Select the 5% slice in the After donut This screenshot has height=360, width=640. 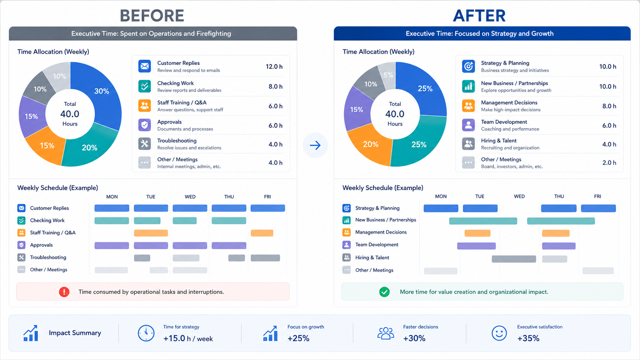click(388, 75)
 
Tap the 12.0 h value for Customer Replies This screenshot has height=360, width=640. click(274, 67)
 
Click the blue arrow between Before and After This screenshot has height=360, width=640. click(315, 145)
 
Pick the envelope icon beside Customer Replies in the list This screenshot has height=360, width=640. click(145, 66)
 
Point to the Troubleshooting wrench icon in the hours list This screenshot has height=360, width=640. click(145, 144)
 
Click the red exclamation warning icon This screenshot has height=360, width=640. click(64, 292)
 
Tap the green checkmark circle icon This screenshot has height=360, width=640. click(384, 292)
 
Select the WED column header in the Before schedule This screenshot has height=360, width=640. click(190, 197)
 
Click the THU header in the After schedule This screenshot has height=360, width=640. click(559, 196)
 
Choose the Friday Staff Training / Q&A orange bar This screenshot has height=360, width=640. click(262, 233)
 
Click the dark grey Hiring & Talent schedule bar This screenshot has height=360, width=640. click(514, 259)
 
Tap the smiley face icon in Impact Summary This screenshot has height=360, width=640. click(499, 333)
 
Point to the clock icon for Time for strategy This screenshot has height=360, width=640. click(146, 333)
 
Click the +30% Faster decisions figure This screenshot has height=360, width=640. click(414, 338)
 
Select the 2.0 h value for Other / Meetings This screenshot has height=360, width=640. click(609, 163)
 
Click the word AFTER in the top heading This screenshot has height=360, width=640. click(480, 16)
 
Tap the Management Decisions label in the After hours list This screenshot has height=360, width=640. click(509, 103)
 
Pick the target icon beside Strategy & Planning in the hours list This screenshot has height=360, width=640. click(469, 66)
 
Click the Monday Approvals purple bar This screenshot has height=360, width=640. click(112, 246)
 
